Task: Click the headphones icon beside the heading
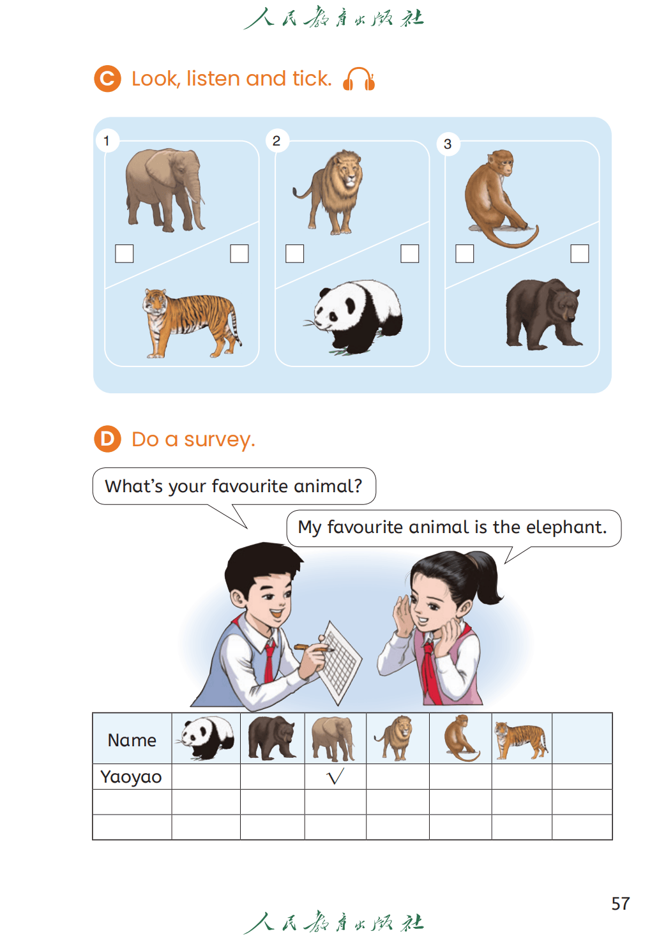click(358, 79)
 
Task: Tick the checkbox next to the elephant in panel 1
click(124, 253)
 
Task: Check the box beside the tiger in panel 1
click(239, 253)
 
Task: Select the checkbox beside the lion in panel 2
click(294, 253)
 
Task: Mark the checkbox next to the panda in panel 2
click(410, 253)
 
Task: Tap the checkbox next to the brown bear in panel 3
click(579, 253)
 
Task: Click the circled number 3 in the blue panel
click(448, 144)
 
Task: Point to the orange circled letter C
click(107, 79)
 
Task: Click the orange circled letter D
click(107, 439)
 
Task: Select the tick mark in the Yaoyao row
click(335, 776)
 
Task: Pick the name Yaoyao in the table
click(131, 777)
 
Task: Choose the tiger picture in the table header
click(521, 740)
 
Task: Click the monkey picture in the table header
click(461, 738)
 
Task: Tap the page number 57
click(620, 903)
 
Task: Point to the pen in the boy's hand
click(313, 648)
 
